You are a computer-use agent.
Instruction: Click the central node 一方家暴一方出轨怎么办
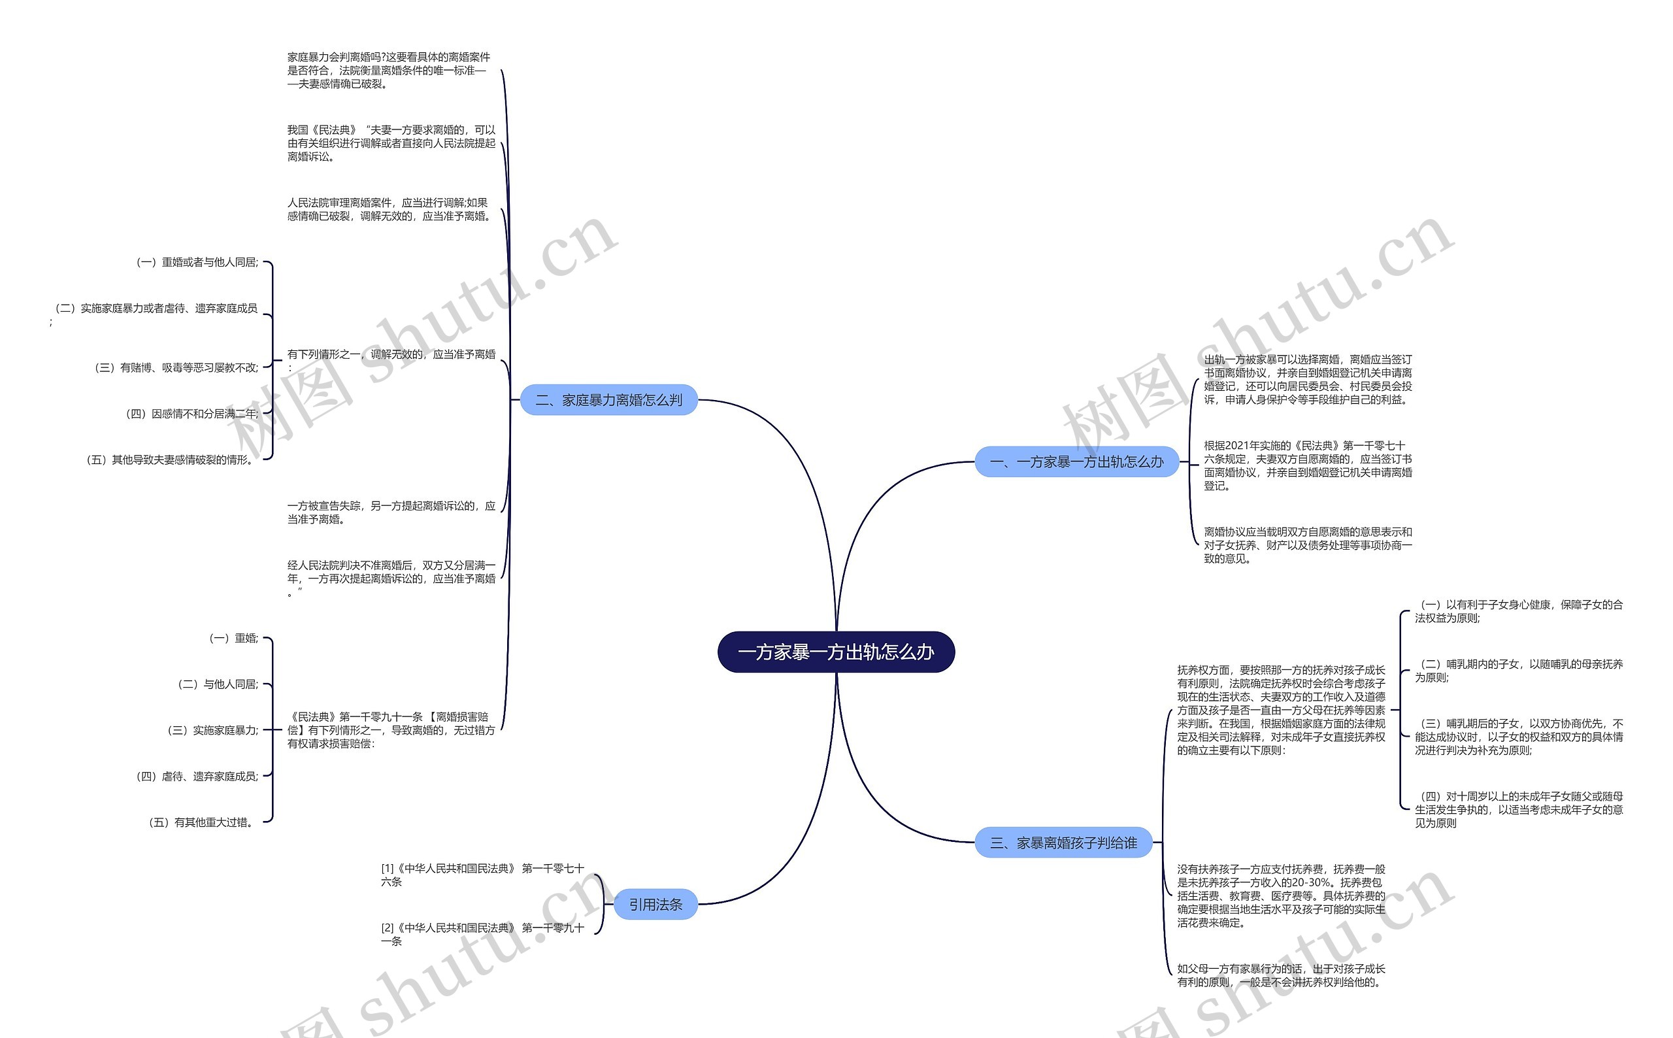coord(835,652)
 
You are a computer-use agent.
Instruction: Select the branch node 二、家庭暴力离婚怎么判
coord(608,399)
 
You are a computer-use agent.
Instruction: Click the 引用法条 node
coord(655,904)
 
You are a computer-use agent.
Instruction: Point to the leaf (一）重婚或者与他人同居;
coord(197,262)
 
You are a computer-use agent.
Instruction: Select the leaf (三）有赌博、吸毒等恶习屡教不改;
coord(176,367)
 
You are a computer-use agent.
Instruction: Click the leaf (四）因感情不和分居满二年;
coord(192,413)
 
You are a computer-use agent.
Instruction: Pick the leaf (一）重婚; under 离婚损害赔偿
coord(233,638)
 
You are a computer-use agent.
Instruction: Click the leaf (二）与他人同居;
coord(218,684)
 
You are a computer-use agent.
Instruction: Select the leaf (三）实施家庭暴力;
coord(213,729)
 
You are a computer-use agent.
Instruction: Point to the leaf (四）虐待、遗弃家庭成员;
coord(197,776)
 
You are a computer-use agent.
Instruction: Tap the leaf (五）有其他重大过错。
coord(203,822)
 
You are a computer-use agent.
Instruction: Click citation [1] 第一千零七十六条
coord(482,875)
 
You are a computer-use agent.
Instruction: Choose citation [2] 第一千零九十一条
coord(482,934)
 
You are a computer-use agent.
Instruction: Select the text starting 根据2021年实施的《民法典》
coord(1307,465)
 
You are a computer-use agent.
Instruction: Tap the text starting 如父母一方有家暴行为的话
coord(1280,975)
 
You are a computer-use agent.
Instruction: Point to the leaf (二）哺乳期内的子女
coord(1518,670)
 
